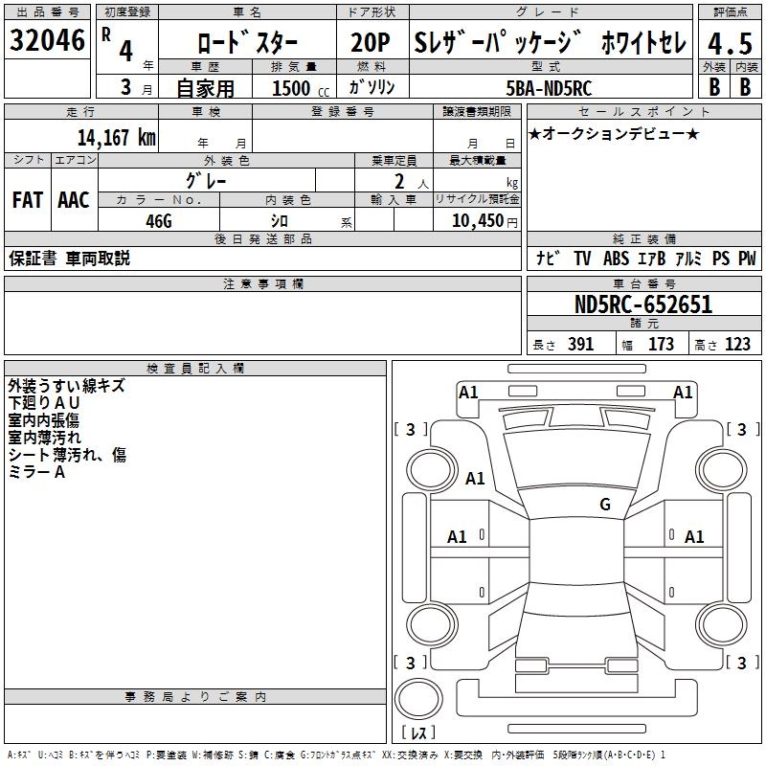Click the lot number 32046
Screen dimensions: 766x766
(46, 43)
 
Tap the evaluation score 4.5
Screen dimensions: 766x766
(727, 44)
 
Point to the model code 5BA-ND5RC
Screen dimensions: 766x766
(549, 88)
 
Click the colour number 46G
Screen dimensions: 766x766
(158, 220)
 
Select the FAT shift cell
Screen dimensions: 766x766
(28, 200)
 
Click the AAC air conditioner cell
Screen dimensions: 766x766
(74, 200)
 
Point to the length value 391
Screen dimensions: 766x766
(580, 345)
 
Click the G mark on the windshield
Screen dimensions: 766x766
(605, 505)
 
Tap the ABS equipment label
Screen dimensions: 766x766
(616, 259)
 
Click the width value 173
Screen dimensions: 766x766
(661, 345)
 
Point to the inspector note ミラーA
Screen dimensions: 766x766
(36, 472)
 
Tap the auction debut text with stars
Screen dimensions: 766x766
(614, 133)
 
